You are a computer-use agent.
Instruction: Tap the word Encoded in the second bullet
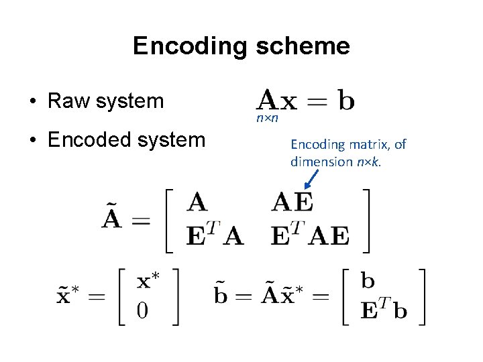(91, 139)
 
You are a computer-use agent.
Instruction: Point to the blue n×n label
(267, 119)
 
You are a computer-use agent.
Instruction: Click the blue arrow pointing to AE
(311, 178)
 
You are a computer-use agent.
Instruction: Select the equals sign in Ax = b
(317, 101)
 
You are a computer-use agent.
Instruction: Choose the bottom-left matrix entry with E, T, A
(214, 235)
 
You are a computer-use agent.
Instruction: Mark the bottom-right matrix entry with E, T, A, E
(310, 235)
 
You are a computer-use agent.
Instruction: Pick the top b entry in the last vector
(368, 281)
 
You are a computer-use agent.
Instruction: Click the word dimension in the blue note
(319, 162)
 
